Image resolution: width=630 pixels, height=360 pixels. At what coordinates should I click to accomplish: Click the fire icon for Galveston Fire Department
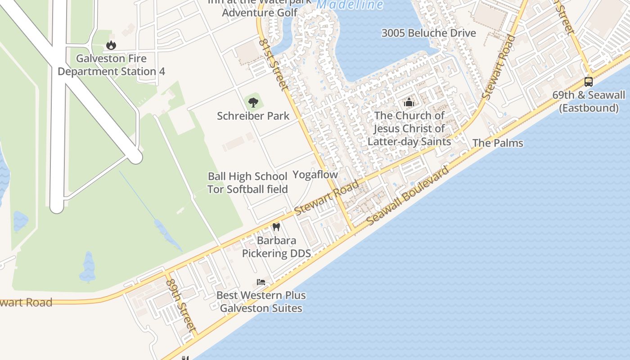[111, 45]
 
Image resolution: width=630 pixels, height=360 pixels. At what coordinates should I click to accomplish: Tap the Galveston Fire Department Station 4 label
[111, 65]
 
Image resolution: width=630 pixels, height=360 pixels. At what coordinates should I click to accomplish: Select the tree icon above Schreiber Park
[253, 102]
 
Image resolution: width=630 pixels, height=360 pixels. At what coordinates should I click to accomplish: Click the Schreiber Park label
[253, 116]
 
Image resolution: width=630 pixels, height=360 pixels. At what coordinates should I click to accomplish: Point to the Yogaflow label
[315, 175]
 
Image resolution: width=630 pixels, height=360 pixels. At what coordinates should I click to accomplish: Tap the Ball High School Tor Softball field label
[247, 183]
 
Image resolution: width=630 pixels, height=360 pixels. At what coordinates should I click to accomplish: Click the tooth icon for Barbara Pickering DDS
[276, 227]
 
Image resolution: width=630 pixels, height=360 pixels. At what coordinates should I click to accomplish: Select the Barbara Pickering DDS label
[276, 247]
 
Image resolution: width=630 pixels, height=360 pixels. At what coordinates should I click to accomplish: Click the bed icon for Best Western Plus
[261, 282]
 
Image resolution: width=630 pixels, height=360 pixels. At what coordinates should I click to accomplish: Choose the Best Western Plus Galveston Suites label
[261, 302]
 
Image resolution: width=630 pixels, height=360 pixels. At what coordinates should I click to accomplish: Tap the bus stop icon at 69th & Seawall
[588, 82]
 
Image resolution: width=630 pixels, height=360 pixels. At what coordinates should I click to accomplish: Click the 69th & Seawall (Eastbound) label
[589, 101]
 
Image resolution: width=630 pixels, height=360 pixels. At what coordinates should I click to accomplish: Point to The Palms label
[498, 143]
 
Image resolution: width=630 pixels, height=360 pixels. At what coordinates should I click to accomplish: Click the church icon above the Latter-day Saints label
[409, 103]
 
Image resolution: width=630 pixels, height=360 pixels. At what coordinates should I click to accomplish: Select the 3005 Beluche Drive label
[428, 33]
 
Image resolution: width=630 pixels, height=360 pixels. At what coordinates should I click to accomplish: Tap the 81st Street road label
[273, 63]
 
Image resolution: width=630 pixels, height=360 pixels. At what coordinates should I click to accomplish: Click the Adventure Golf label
[260, 12]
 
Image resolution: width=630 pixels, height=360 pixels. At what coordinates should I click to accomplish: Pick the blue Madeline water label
[350, 5]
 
